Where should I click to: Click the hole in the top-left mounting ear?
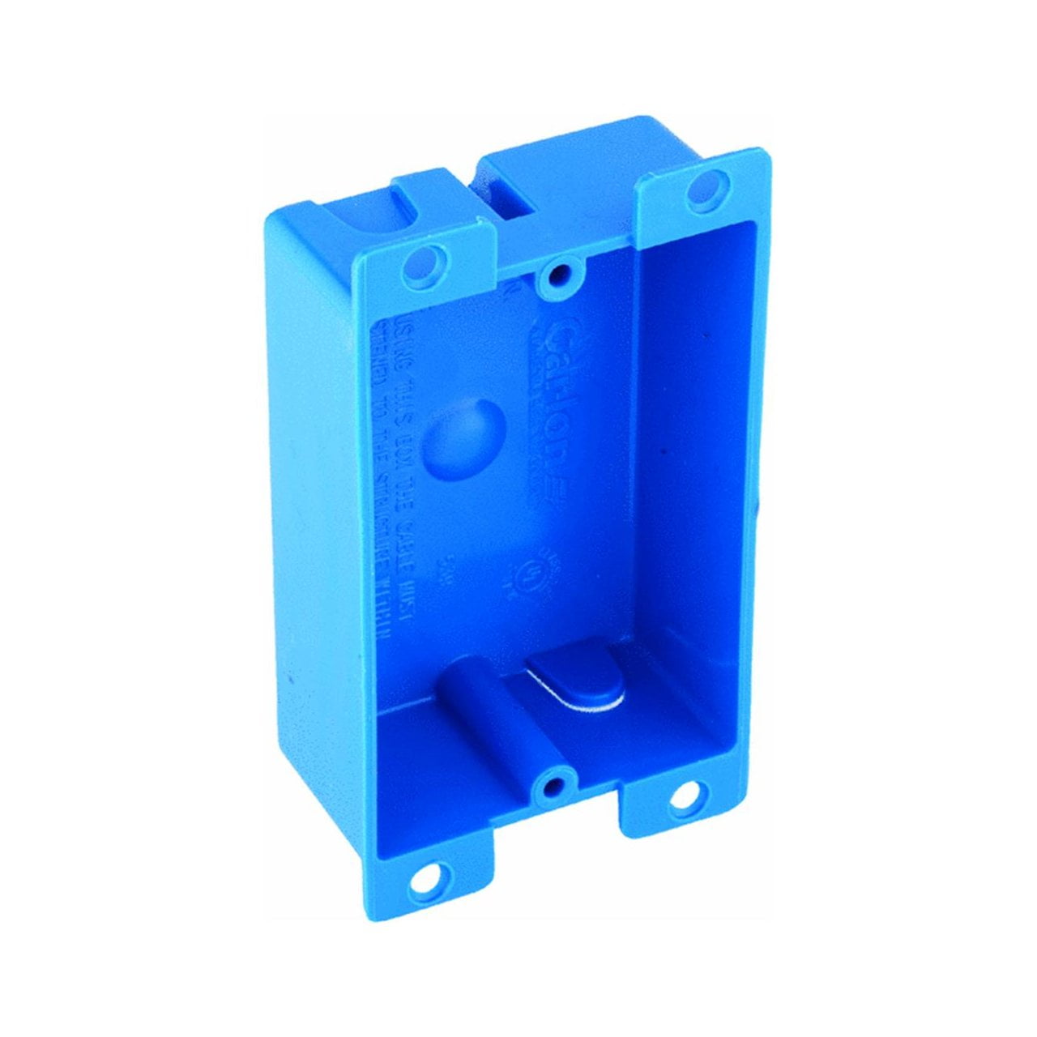[420, 263]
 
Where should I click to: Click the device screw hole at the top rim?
[556, 276]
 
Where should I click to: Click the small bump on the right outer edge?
[757, 510]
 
